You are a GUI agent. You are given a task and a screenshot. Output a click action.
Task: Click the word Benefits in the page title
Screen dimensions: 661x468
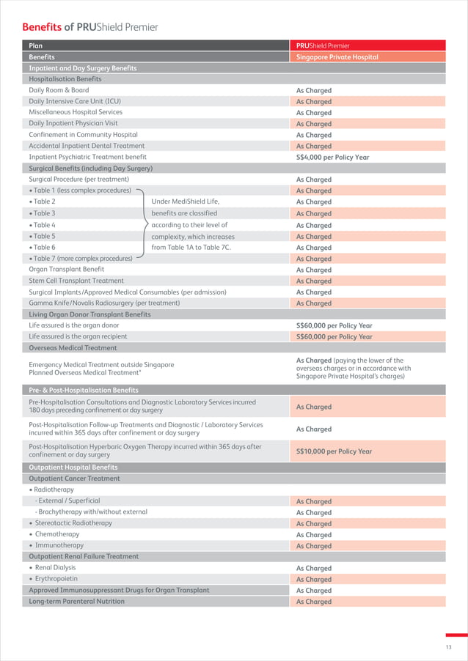pyautogui.click(x=42, y=27)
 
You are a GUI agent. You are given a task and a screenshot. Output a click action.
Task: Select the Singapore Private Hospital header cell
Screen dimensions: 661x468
pyautogui.click(x=337, y=56)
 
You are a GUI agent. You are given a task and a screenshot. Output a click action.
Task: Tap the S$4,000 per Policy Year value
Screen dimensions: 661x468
pyautogui.click(x=332, y=158)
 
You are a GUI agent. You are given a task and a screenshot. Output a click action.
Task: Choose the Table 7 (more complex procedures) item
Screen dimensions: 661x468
pyautogui.click(x=81, y=258)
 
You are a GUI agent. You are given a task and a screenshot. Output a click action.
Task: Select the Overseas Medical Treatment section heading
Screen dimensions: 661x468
pyautogui.click(x=73, y=348)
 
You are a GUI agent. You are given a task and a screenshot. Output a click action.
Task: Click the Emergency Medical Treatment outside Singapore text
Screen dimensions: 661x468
pyautogui.click(x=101, y=365)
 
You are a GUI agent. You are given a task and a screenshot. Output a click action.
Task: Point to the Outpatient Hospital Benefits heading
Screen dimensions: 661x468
pyautogui.click(x=73, y=467)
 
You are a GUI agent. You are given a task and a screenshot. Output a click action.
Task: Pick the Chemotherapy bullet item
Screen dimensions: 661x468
pyautogui.click(x=56, y=534)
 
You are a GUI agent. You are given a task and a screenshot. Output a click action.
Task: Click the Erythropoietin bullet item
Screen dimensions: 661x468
pyautogui.click(x=56, y=579)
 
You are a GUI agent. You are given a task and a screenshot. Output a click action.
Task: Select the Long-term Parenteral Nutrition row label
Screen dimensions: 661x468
pyautogui.click(x=76, y=602)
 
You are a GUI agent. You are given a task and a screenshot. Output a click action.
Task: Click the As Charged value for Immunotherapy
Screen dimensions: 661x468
pyautogui.click(x=314, y=546)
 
